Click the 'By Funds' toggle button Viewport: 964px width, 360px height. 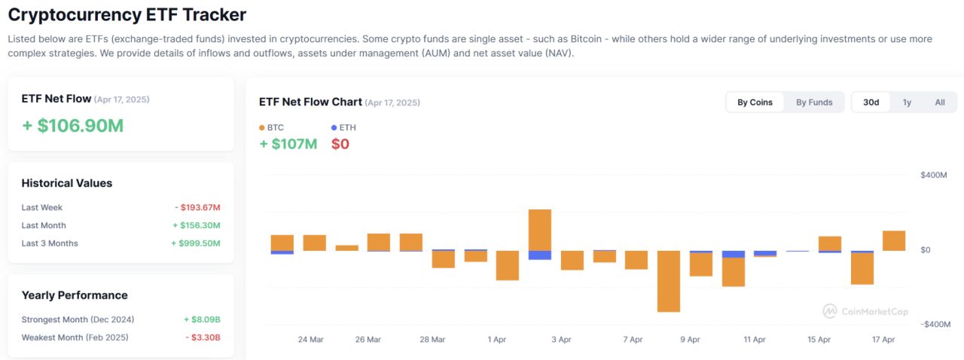[x=814, y=102]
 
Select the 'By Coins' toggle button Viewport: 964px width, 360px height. [x=755, y=102]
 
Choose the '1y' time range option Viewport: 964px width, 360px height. [x=907, y=102]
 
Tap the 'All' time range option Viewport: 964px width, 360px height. [x=940, y=102]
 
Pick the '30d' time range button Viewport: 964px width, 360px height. [x=871, y=102]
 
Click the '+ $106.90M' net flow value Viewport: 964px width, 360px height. [x=72, y=126]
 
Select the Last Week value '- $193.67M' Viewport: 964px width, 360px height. [x=197, y=208]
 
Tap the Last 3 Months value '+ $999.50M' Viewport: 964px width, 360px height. [x=195, y=243]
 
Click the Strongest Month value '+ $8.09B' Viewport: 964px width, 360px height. [x=201, y=319]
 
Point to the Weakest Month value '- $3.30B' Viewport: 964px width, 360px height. [x=203, y=337]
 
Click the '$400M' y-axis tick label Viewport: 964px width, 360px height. [x=933, y=175]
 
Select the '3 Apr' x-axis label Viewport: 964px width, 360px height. [x=561, y=340]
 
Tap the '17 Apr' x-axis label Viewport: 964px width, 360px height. [x=883, y=340]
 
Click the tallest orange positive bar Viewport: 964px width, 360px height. [x=540, y=230]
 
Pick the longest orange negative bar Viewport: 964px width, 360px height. [x=669, y=281]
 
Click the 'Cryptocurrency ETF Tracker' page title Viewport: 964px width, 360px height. [x=127, y=14]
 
